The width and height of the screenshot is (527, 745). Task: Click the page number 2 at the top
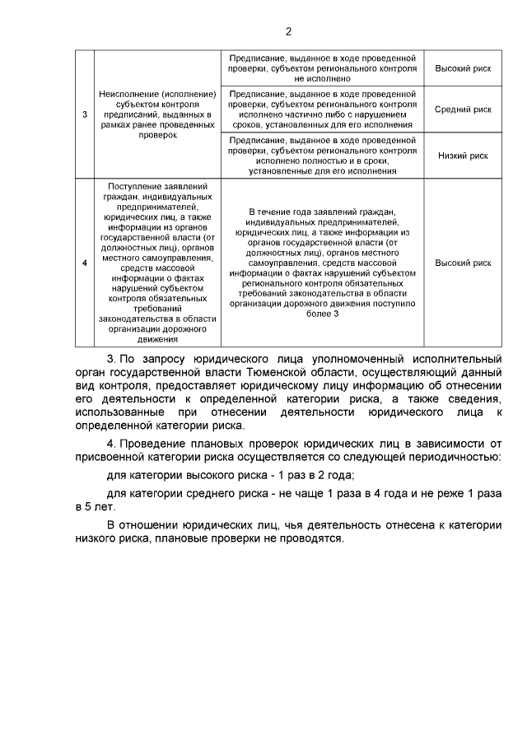tap(288, 32)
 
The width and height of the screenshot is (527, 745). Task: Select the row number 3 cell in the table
tap(86, 114)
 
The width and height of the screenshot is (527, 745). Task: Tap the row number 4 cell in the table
tap(86, 263)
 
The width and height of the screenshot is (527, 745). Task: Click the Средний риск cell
tap(463, 109)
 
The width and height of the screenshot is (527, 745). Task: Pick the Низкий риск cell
tap(463, 155)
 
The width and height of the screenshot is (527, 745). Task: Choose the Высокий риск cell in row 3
tap(463, 68)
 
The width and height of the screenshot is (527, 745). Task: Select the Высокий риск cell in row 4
tap(463, 263)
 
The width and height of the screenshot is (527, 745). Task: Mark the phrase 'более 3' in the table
tap(323, 314)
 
